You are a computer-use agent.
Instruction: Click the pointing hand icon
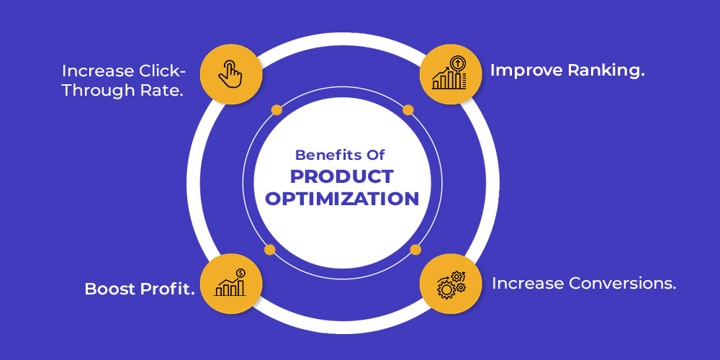coord(230,74)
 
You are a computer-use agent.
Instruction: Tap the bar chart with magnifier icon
coord(449,73)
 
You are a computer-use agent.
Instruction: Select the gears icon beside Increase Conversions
coord(451,284)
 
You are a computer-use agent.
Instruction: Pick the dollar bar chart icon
coord(230,282)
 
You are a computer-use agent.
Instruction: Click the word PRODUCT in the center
coord(342,177)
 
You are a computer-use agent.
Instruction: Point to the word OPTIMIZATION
coord(342,199)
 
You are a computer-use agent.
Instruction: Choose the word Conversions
coord(623,283)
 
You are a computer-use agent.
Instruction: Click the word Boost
coord(109,289)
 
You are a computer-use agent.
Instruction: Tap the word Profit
coord(166,289)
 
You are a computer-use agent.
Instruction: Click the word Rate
coord(161,91)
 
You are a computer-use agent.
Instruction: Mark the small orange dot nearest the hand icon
coord(276,109)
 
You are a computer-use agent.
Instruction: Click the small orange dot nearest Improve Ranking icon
coord(408,109)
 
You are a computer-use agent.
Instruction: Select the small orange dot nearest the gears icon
coord(415,249)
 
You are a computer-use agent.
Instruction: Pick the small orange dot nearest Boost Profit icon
coord(270,249)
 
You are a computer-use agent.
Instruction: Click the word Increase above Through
coord(94,71)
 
